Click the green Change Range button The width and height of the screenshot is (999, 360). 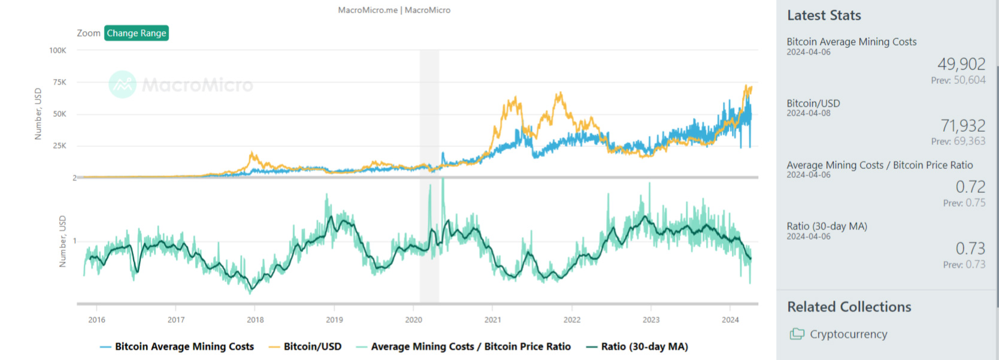pyautogui.click(x=137, y=33)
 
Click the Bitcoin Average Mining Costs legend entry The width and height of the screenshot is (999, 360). pyautogui.click(x=184, y=346)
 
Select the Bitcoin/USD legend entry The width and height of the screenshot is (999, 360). pyautogui.click(x=312, y=346)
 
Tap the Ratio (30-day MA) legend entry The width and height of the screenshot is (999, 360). pyautogui.click(x=644, y=346)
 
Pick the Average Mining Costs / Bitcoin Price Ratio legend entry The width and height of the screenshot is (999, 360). pyautogui.click(x=470, y=346)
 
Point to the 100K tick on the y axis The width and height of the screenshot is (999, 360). pyautogui.click(x=58, y=50)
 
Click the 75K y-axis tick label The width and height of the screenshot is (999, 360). pyautogui.click(x=59, y=82)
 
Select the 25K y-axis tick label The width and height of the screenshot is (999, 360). pyautogui.click(x=59, y=146)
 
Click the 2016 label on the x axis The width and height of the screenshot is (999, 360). pyautogui.click(x=97, y=320)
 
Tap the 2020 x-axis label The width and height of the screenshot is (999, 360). pyautogui.click(x=414, y=320)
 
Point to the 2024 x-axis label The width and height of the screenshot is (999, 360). pyautogui.click(x=730, y=320)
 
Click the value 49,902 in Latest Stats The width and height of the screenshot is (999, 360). pyautogui.click(x=961, y=64)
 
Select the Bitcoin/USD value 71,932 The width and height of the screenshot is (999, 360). pyautogui.click(x=962, y=126)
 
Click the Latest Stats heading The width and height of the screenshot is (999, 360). pyautogui.click(x=824, y=16)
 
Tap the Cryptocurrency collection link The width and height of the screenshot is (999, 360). pyautogui.click(x=849, y=334)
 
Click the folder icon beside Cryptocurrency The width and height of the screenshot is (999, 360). pyautogui.click(x=797, y=334)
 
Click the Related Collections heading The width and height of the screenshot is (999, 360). pyautogui.click(x=849, y=307)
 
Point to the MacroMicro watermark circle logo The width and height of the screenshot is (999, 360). pyautogui.click(x=123, y=84)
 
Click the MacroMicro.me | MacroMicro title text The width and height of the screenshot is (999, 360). pyautogui.click(x=394, y=10)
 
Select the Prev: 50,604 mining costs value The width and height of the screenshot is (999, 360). pyautogui.click(x=958, y=80)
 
